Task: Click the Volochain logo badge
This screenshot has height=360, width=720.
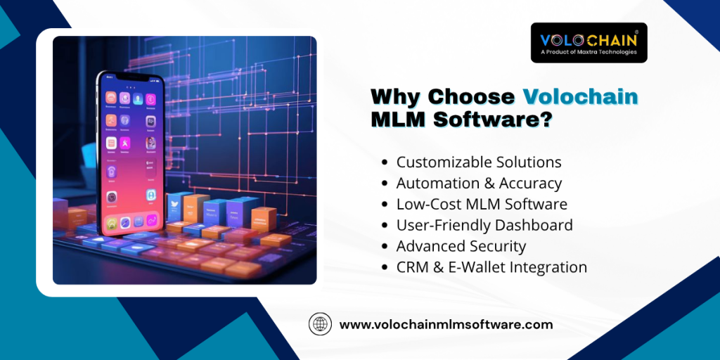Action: (589, 43)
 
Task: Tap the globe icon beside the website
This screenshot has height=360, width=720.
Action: (320, 325)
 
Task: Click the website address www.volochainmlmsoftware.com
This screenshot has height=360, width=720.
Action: (446, 325)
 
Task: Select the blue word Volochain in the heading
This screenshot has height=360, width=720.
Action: (581, 97)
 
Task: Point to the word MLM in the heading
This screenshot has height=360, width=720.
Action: (398, 119)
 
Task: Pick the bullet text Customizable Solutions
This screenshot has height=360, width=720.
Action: (479, 162)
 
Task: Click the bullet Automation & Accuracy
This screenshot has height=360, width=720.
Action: (479, 184)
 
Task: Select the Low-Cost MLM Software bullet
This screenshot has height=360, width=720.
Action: (482, 204)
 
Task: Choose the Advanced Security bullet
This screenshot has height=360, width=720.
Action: (461, 246)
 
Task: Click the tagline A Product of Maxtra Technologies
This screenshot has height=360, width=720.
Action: (589, 52)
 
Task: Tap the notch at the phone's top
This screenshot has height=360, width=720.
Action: (130, 77)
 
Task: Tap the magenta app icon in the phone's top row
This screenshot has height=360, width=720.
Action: (150, 98)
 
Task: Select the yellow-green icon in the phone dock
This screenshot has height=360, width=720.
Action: (112, 224)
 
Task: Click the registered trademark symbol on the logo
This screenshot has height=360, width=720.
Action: (636, 32)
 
